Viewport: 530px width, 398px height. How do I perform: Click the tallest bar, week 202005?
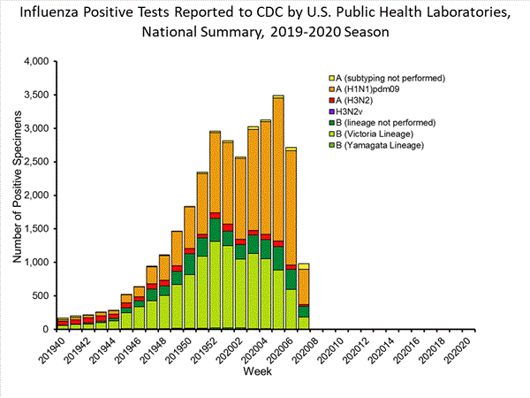(x=278, y=212)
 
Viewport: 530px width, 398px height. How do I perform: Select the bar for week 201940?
(x=63, y=324)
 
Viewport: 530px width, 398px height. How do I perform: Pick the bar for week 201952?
(x=215, y=230)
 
